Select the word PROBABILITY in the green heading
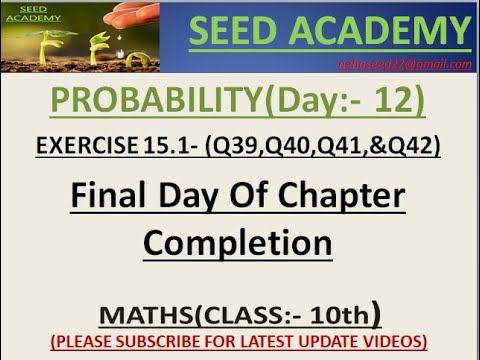point(159,100)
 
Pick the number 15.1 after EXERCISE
point(175,146)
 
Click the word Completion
point(238,242)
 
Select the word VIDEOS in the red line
point(394,341)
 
